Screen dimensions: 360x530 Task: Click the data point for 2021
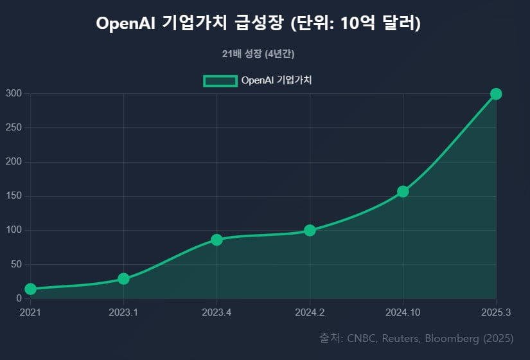tap(30, 289)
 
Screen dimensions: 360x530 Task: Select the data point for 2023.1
tap(123, 279)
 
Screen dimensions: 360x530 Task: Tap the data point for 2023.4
tap(216, 240)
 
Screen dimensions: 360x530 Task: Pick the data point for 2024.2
tap(310, 230)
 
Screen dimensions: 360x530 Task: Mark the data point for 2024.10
tap(403, 192)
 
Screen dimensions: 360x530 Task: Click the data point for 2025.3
tap(496, 94)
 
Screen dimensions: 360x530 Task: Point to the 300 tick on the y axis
tap(15, 94)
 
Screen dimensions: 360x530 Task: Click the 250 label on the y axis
tap(15, 128)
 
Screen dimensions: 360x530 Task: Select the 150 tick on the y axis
tap(15, 196)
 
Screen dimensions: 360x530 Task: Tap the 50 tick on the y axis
tap(17, 264)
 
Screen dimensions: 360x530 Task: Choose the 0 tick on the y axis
tap(19, 298)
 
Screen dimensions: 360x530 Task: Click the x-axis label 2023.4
tap(216, 312)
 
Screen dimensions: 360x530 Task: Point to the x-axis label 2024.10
tap(403, 312)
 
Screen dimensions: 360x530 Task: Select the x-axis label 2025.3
tap(496, 312)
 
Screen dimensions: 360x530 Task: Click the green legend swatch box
tap(220, 80)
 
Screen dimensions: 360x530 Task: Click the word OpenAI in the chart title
tap(126, 23)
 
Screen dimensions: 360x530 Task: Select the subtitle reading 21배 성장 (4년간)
tap(258, 54)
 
